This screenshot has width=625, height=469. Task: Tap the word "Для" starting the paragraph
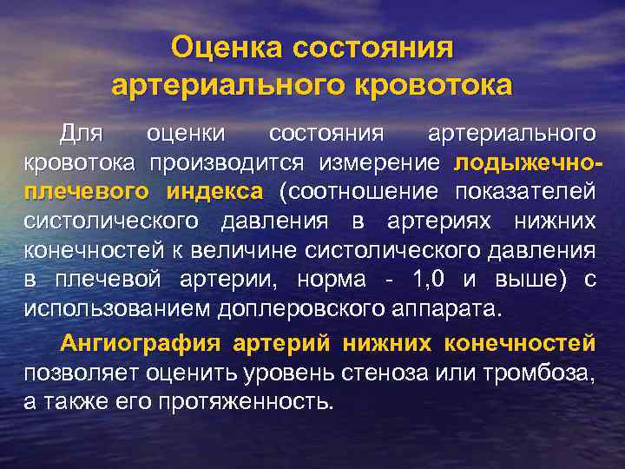(81, 134)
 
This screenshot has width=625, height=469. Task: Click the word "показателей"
(531, 192)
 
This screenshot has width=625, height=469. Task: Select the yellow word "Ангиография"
(129, 343)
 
